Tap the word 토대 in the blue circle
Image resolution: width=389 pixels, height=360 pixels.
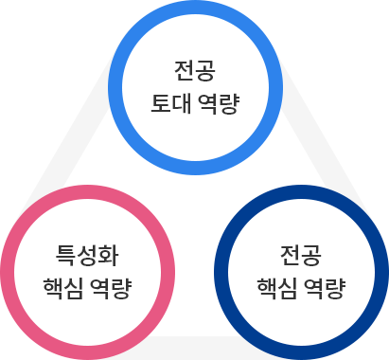171,101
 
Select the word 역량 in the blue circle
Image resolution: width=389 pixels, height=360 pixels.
217,101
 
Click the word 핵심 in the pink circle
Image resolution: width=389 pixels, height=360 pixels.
63,285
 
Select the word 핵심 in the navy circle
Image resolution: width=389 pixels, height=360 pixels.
277,285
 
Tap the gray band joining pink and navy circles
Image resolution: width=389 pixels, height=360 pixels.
195,342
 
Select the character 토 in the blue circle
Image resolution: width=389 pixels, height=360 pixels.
162,101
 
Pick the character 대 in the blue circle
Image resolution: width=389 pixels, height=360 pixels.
181,101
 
